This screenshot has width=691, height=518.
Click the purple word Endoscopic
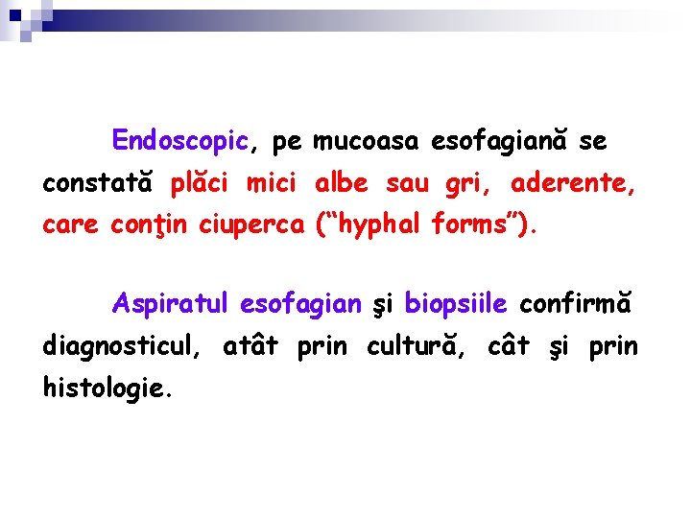point(180,142)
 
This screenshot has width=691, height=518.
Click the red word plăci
point(202,183)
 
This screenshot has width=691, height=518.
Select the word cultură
point(414,345)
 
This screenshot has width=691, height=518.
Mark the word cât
point(509,345)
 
